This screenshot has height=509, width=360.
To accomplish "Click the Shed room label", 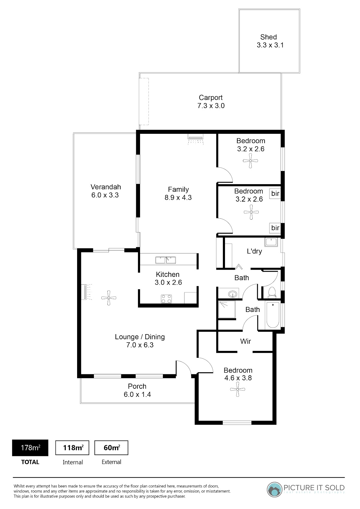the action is [x=268, y=37].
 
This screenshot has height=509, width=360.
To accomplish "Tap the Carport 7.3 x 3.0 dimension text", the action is [x=211, y=106].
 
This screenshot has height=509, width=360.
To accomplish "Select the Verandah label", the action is [x=106, y=187].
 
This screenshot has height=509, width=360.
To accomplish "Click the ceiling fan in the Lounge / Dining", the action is [x=109, y=298].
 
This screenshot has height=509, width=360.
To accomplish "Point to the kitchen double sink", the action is [x=166, y=260].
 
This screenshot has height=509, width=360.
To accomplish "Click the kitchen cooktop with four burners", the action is [x=166, y=299].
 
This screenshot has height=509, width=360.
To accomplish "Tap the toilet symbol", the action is [x=272, y=292].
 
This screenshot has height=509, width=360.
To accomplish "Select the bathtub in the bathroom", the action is [x=273, y=315].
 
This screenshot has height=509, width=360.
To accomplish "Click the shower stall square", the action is [x=227, y=309].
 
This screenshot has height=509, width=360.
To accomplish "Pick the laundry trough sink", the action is [x=271, y=242].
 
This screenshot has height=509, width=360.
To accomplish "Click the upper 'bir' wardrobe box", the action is [x=275, y=193].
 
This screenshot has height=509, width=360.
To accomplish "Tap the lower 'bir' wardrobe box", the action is [x=275, y=228].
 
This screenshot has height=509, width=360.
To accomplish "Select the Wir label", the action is [x=245, y=341].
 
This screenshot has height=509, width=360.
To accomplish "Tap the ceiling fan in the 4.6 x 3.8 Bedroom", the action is [x=238, y=389].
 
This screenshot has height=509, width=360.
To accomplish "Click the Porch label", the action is [x=137, y=386].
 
